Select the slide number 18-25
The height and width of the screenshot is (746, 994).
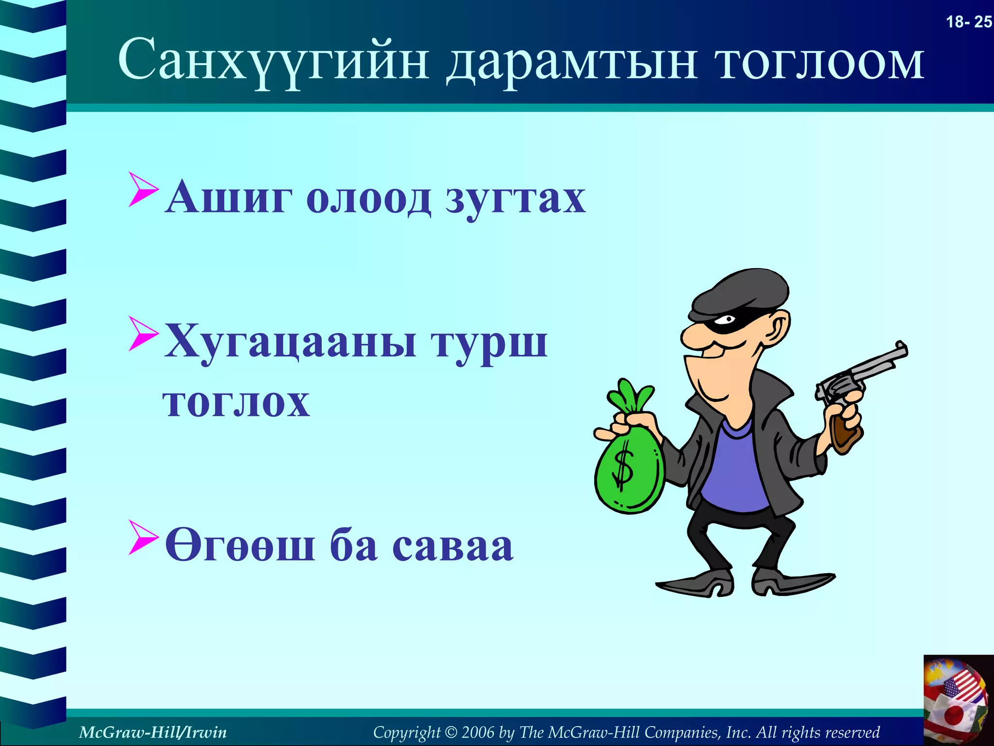(969, 22)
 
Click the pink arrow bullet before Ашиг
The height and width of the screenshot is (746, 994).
(143, 189)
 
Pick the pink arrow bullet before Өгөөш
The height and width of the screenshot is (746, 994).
(143, 537)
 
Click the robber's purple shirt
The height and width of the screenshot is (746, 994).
(735, 466)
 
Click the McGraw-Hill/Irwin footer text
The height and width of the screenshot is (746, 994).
(152, 732)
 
